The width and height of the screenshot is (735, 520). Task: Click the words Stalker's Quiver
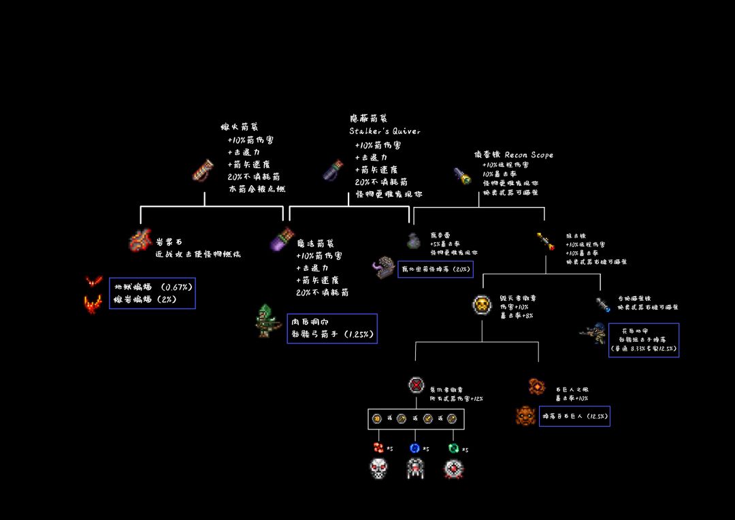click(385, 131)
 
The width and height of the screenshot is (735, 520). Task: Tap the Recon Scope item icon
click(462, 176)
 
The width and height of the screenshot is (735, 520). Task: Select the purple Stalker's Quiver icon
click(333, 170)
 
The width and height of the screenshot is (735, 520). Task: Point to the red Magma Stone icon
click(139, 241)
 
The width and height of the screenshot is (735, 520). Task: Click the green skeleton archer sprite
click(265, 321)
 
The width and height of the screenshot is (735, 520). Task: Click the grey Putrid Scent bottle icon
click(412, 240)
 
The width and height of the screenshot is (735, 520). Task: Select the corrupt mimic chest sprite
click(383, 267)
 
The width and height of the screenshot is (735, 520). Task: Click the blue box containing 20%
click(435, 269)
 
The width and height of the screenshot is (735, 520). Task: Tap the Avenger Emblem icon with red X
click(416, 385)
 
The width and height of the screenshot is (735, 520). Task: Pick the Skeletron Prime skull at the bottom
click(378, 468)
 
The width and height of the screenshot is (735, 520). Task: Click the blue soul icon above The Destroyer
click(414, 448)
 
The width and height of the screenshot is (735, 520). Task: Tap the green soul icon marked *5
click(453, 448)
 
